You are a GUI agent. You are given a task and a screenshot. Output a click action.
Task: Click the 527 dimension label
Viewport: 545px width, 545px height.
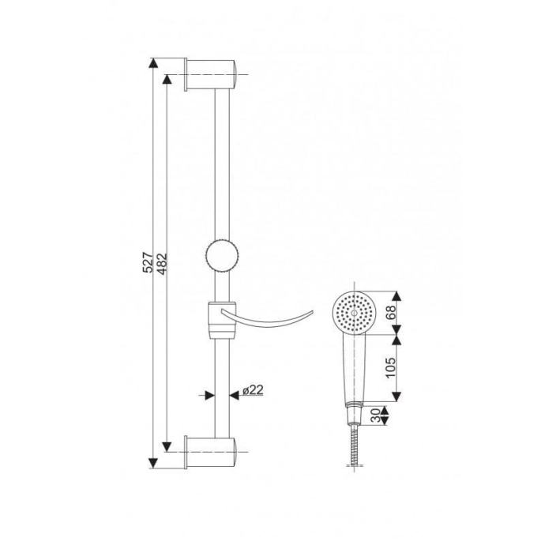click(x=148, y=262)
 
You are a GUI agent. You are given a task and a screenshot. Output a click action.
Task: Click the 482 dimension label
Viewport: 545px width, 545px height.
click(x=162, y=264)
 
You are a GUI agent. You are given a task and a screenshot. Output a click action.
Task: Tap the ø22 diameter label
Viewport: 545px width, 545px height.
click(x=253, y=390)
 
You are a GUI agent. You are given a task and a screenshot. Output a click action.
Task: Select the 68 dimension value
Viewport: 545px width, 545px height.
click(x=391, y=312)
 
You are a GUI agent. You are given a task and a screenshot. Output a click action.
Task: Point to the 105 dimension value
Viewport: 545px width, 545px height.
click(x=391, y=367)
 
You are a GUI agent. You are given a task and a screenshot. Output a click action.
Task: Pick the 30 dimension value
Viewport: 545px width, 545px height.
click(x=375, y=415)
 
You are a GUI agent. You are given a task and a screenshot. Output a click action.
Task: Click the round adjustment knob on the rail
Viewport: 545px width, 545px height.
click(x=222, y=255)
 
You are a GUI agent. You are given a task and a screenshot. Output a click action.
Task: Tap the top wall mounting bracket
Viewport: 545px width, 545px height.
click(x=210, y=74)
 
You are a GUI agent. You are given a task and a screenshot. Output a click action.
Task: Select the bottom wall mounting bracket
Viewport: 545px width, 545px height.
click(x=210, y=452)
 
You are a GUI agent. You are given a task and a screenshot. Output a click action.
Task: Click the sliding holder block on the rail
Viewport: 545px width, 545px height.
click(x=222, y=320)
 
